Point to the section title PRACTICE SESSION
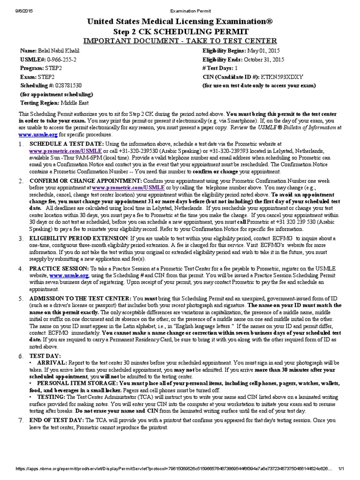point(59,269)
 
